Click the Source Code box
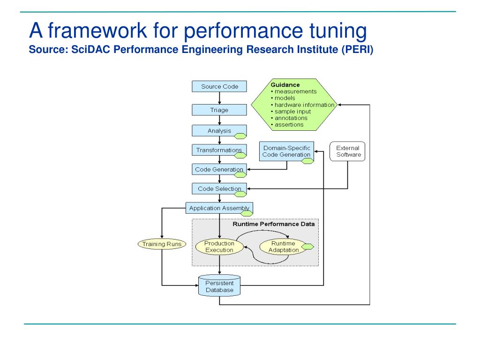click(x=219, y=86)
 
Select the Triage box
click(x=219, y=110)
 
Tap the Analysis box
click(x=219, y=130)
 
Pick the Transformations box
click(x=219, y=150)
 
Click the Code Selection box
click(x=219, y=188)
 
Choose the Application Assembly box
click(x=219, y=208)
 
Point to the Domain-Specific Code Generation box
click(x=286, y=151)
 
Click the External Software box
click(x=347, y=151)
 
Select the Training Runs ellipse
click(x=162, y=244)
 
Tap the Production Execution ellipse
click(x=219, y=247)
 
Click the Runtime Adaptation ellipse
click(x=284, y=247)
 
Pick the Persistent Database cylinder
click(x=219, y=285)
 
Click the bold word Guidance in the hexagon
click(x=285, y=85)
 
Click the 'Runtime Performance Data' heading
click(x=274, y=224)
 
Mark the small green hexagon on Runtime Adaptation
click(x=307, y=247)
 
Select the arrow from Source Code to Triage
click(x=219, y=98)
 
